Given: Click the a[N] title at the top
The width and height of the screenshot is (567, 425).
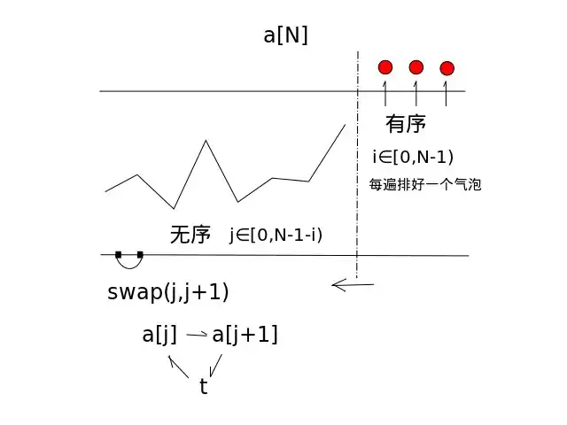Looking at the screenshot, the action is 285,35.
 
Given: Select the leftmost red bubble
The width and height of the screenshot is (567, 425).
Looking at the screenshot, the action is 385,67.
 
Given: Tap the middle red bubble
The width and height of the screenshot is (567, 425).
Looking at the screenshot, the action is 416,67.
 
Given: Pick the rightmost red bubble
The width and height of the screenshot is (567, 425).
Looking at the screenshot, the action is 447,68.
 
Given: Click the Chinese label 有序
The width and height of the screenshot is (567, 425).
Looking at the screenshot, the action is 406,124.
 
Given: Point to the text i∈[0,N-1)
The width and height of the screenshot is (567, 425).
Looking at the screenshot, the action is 413,158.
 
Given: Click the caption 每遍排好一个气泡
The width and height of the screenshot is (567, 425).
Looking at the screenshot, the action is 425,184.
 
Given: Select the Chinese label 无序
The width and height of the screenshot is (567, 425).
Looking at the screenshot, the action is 190,235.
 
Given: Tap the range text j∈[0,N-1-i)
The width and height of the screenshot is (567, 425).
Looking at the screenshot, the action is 276,236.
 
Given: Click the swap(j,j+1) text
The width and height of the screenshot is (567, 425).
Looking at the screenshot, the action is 168,292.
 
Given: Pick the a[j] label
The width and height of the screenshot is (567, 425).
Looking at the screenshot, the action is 159,335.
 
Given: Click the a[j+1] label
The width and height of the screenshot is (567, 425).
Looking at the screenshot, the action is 245,335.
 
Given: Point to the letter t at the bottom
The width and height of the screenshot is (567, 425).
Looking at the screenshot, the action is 204,386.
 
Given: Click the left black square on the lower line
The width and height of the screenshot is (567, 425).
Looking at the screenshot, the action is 118,255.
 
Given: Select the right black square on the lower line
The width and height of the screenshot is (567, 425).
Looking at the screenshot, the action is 140,255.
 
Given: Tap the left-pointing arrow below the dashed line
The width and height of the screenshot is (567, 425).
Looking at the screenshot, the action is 353,285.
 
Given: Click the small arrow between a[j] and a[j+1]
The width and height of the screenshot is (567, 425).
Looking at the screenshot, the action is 197,335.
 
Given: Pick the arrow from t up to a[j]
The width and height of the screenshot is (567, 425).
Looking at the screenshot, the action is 178,367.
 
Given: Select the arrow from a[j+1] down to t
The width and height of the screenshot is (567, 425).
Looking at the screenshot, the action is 216,366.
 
